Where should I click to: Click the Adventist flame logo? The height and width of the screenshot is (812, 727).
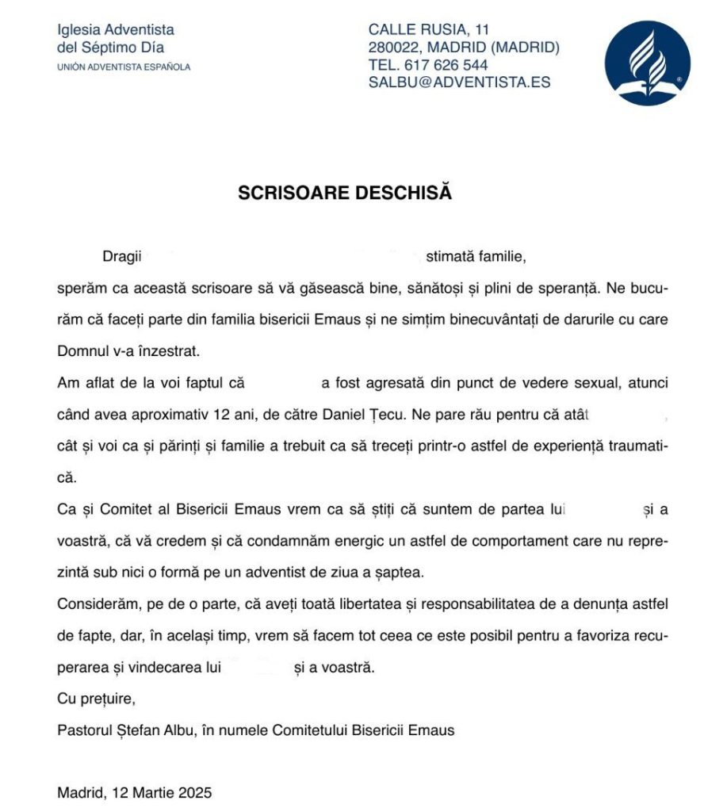[647, 63]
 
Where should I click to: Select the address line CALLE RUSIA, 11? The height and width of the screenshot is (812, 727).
[429, 30]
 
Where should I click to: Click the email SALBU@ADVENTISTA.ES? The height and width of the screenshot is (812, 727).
[459, 82]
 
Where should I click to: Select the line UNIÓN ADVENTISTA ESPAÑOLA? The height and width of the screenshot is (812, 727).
[124, 67]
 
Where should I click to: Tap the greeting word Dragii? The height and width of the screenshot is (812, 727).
[121, 257]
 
